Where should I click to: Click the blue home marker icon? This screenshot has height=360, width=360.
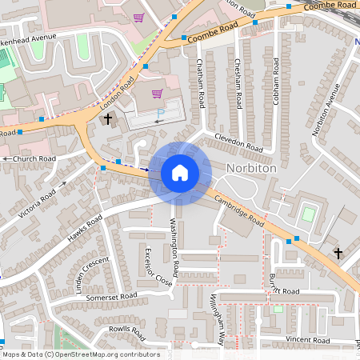[180, 172]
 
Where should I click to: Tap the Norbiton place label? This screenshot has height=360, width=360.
[251, 169]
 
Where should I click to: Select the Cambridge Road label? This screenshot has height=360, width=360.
[240, 212]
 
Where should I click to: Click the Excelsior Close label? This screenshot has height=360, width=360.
[158, 267]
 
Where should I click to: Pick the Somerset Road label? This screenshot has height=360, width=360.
[113, 296]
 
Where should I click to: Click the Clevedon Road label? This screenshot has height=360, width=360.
[238, 142]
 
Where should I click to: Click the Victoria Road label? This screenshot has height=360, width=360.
[38, 204]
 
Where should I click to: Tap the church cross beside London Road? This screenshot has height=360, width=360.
[108, 118]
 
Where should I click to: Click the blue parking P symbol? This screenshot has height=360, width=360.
[161, 114]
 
